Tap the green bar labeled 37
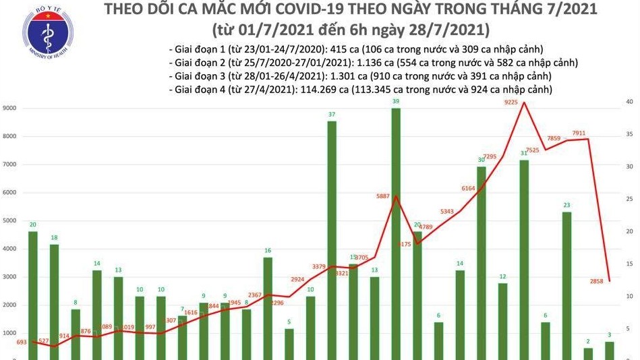pyautogui.click(x=332, y=239)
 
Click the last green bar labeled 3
pyautogui.click(x=609, y=351)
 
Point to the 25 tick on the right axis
pyautogui.click(x=628, y=200)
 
